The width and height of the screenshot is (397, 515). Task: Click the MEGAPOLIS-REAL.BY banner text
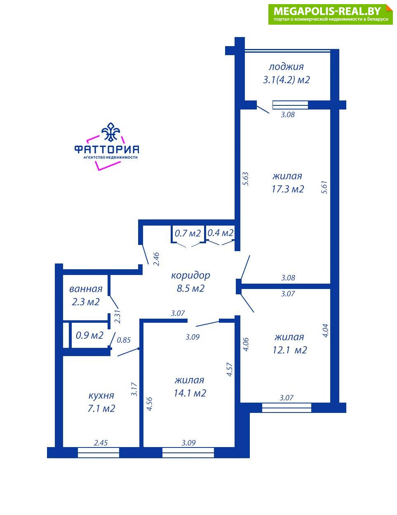tap(327, 11)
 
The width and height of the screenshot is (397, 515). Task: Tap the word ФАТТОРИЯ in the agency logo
tap(106, 149)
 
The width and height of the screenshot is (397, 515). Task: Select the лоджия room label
tap(286, 67)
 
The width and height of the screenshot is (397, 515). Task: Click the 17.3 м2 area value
tap(288, 189)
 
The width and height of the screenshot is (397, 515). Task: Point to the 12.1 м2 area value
tap(290, 350)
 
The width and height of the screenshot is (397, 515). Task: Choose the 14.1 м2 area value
tap(190, 393)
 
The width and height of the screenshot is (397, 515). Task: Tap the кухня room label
tap(101, 396)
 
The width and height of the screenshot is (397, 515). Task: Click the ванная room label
tap(86, 289)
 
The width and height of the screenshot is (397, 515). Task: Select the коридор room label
tap(190, 276)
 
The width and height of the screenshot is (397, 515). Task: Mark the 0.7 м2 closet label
tap(188, 233)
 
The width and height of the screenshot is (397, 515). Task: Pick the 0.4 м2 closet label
tap(221, 233)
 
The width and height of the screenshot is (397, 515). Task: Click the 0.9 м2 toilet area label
tap(89, 336)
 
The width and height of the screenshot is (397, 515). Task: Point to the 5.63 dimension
tap(245, 179)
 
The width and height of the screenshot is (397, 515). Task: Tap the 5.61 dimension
tap(324, 187)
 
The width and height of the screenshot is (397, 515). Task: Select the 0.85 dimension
tap(124, 340)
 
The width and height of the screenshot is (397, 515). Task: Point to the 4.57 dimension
tap(230, 370)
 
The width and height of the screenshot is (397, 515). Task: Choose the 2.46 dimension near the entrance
tap(156, 259)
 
